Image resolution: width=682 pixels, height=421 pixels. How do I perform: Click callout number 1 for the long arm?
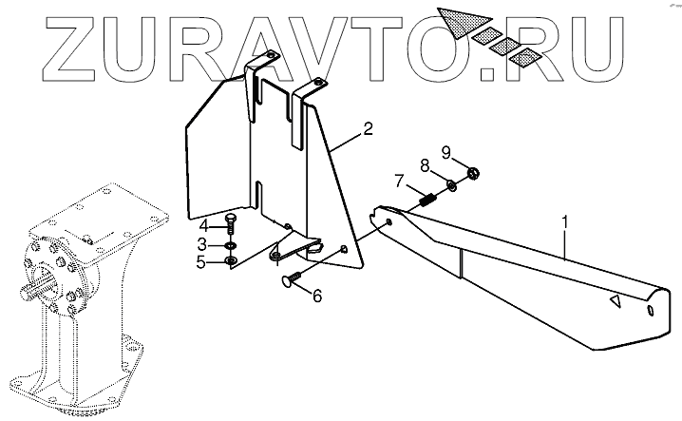(566, 224)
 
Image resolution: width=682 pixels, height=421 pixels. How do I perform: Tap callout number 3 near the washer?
(202, 244)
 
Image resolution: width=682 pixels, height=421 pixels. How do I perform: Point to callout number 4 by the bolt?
(202, 226)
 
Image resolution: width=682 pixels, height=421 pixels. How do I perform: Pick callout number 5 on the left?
(201, 261)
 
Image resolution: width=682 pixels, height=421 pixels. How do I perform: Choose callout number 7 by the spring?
(400, 181)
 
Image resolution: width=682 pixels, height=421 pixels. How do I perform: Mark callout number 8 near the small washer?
(426, 165)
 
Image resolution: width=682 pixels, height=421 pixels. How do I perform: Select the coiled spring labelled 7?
(426, 201)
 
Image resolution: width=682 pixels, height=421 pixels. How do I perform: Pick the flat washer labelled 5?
(230, 260)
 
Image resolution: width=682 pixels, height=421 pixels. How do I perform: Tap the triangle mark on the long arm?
(615, 302)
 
